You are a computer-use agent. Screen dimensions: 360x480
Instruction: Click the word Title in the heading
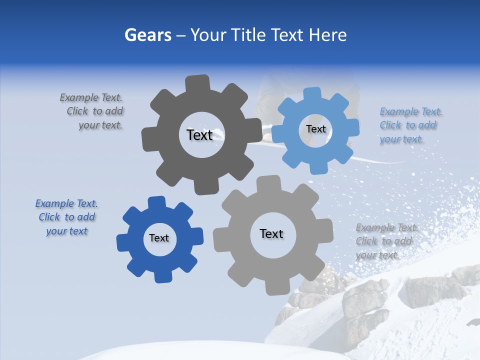248,35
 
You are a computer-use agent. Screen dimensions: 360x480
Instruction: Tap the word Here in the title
328,35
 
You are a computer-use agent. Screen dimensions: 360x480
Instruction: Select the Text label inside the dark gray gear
199,134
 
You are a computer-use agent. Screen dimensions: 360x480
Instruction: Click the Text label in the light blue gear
315,129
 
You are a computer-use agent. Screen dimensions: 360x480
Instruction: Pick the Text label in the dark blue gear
159,238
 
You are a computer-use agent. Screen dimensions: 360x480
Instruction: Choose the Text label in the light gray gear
271,233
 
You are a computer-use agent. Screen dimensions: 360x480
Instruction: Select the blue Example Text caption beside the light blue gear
410,125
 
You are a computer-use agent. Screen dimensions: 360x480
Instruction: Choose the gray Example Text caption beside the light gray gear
386,241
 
